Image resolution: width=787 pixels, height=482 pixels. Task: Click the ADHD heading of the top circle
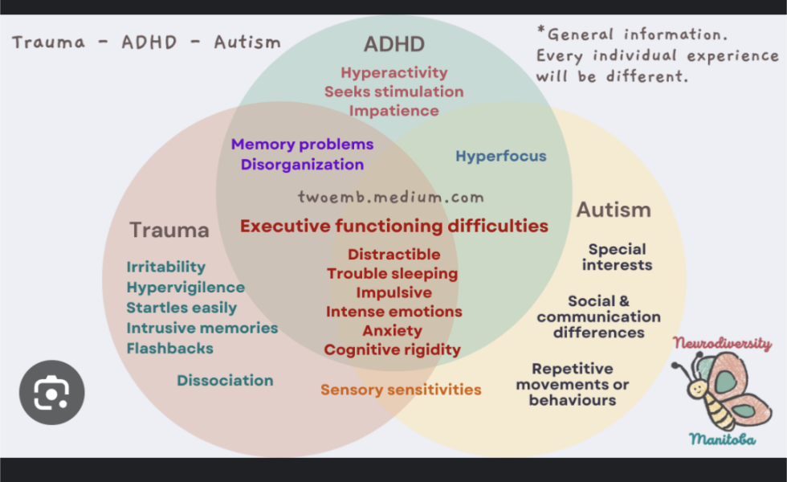(x=393, y=43)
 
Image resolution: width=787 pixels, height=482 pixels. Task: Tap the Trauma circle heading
(x=169, y=230)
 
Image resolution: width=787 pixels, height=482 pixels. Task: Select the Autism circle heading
(x=614, y=210)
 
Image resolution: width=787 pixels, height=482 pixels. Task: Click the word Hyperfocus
(x=501, y=156)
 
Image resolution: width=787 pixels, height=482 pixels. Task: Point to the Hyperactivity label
(x=393, y=72)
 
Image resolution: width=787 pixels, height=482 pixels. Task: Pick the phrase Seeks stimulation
(x=393, y=92)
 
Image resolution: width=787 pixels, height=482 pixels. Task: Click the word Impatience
(x=393, y=111)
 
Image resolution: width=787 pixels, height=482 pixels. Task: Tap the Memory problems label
(x=302, y=145)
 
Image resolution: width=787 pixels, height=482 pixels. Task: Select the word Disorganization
(x=302, y=165)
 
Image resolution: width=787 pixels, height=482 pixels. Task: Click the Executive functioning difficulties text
(x=393, y=226)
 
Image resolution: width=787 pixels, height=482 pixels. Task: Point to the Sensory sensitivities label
(x=401, y=390)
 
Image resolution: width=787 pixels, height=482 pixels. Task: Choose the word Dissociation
(x=225, y=380)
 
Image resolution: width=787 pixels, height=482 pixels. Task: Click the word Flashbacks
(x=169, y=348)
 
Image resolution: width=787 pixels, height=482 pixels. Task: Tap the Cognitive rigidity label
(x=393, y=349)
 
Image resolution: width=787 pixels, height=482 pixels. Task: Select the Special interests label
(x=617, y=257)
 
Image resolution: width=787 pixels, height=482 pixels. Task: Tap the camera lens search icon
(x=51, y=393)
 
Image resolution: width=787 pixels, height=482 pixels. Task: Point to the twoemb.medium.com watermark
(x=391, y=197)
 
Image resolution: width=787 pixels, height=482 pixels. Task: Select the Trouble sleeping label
(x=392, y=273)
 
